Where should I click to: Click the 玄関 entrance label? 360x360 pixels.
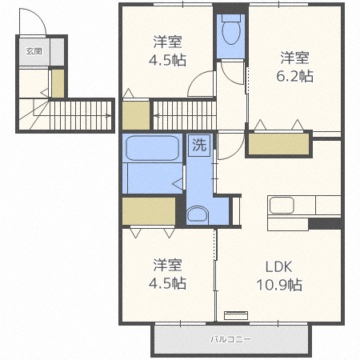34,51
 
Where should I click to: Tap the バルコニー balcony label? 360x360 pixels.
230,339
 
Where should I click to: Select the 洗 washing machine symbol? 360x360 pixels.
199,145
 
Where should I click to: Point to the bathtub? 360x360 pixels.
152,148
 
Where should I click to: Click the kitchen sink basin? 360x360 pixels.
282,205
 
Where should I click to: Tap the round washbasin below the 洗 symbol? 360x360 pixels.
198,214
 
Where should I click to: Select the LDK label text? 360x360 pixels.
279,266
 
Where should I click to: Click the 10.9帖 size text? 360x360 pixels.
279,285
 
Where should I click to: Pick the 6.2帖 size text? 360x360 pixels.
294,76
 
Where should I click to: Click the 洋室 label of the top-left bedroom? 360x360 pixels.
167,42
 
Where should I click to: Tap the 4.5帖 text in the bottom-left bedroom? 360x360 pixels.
167,283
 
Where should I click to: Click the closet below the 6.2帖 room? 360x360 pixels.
278,144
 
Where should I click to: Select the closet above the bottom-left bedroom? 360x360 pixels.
149,211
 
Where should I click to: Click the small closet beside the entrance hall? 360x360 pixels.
58,83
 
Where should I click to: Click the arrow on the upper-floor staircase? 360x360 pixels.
158,116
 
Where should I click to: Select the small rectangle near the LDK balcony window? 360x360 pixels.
236,315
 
